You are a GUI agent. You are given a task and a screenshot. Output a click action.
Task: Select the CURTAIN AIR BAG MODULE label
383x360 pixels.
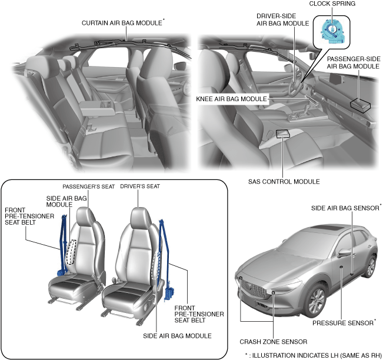tap(122, 24)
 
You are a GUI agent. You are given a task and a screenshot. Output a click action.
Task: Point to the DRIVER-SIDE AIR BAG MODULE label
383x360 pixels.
tap(282, 19)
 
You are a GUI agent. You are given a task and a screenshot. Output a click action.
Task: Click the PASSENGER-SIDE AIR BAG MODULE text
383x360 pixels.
tap(353, 63)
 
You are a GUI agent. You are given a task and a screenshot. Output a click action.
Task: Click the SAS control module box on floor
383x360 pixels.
tap(283, 134)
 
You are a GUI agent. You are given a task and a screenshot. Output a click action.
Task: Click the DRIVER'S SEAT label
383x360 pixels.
tap(140, 186)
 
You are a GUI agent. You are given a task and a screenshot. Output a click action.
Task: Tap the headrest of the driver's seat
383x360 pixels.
tap(138, 216)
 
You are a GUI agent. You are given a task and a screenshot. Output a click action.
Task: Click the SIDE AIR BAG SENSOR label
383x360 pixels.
tap(346, 208)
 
